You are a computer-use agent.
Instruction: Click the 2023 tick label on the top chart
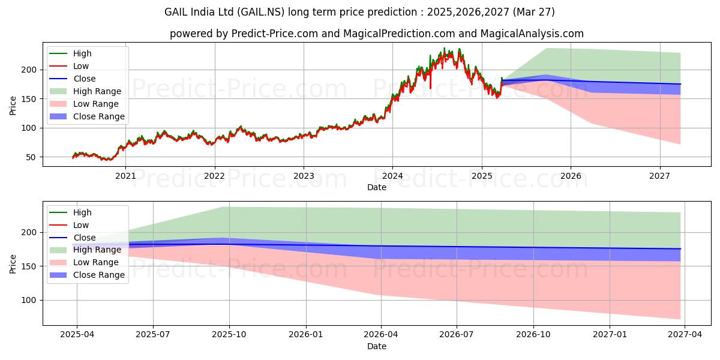(304, 176)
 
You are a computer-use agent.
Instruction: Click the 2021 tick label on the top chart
(125, 176)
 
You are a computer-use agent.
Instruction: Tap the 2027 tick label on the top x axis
(660, 176)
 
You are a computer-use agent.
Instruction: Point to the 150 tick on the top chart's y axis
(31, 99)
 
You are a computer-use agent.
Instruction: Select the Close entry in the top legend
(85, 79)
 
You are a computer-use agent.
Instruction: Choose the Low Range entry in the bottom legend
(96, 262)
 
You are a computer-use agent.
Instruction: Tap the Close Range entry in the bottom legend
(99, 275)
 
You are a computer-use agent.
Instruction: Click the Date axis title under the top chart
(376, 188)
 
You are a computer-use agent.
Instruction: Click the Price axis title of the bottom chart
(13, 263)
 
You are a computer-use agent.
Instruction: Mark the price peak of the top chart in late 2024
(444, 48)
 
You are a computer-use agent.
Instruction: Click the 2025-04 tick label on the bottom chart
(76, 335)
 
